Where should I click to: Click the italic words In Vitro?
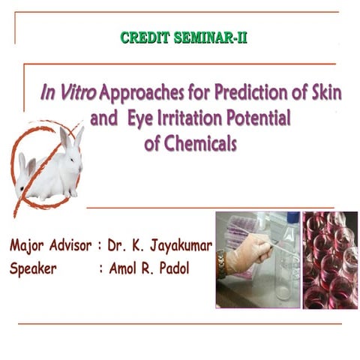tap(67, 95)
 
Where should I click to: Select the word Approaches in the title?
tap(143, 95)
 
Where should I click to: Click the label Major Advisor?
tap(51, 245)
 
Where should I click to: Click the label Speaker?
tap(34, 268)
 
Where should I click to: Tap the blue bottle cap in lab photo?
tap(292, 218)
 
